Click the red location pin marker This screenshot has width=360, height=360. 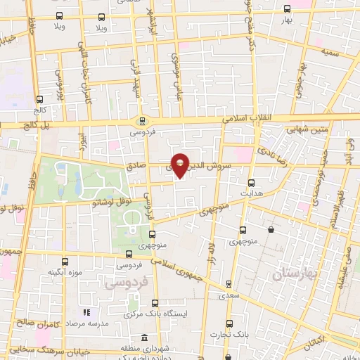click(x=180, y=165)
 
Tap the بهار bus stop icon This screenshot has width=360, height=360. click(x=287, y=9)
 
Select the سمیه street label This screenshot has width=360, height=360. click(x=330, y=53)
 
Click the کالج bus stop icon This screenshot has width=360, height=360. click(x=39, y=99)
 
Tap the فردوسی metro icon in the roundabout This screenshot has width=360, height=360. click(x=143, y=120)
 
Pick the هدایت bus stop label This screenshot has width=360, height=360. click(x=251, y=191)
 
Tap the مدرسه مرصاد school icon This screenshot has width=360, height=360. click(x=87, y=312)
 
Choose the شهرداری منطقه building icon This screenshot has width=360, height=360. click(x=144, y=338)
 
